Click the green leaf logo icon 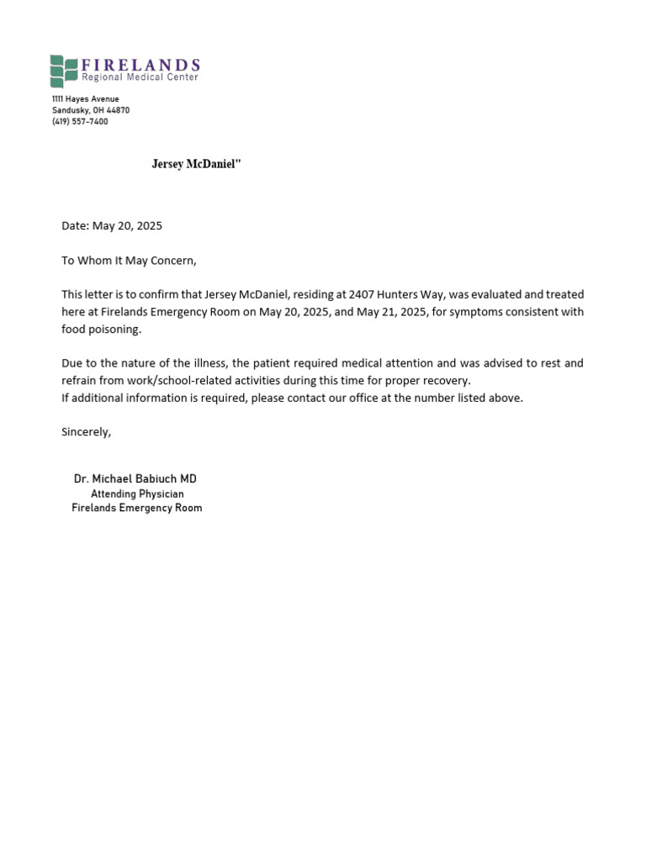[63, 71]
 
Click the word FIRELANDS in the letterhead [140, 65]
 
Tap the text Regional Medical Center [140, 77]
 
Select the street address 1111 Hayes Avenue [86, 99]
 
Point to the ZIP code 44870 [118, 110]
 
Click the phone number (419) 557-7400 [80, 122]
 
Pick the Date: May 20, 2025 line [112, 226]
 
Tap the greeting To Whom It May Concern [129, 261]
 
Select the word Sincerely [86, 432]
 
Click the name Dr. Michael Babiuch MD [135, 479]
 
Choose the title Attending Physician [137, 494]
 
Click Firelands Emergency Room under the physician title [137, 508]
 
